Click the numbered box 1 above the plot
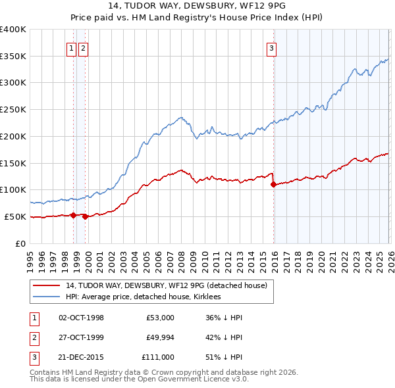[70, 47]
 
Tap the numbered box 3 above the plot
[271, 47]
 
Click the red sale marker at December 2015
[273, 184]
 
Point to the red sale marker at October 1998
[73, 214]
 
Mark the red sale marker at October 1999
[86, 216]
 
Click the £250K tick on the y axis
[13, 109]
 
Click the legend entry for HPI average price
[144, 297]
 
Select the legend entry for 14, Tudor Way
[166, 285]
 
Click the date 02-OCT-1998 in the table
[81, 318]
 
